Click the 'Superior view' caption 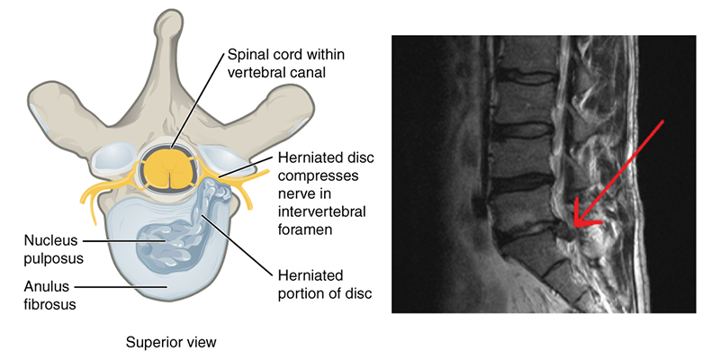[x=172, y=342]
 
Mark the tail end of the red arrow [x=664, y=120]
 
